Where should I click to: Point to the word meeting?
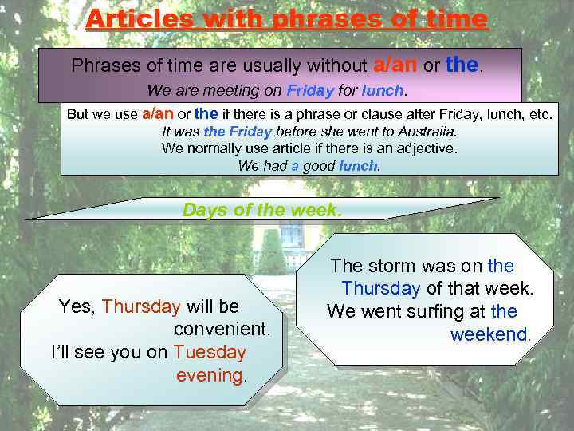[239, 91]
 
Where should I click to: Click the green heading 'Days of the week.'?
[262, 210]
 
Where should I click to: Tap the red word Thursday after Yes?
[141, 306]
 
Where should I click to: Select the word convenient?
[222, 329]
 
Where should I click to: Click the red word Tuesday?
[209, 352]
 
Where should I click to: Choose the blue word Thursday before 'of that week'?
[380, 288]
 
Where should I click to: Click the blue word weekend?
[489, 334]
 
